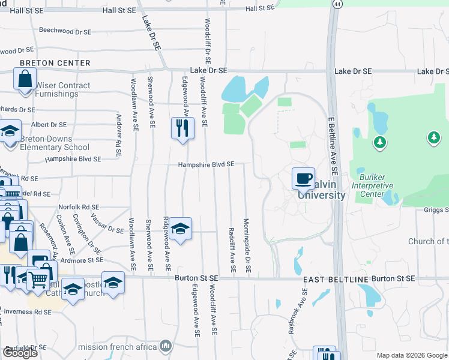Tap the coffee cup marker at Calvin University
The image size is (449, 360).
tap(303, 178)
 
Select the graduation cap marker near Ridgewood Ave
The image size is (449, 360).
tap(179, 229)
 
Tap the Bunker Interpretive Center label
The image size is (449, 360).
tap(384, 181)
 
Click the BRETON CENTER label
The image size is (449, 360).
tap(55, 63)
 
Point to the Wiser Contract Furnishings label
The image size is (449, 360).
tap(63, 90)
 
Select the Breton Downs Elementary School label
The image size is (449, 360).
tap(55, 143)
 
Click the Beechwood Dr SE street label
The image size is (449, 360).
tap(65, 31)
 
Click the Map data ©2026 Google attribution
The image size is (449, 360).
tap(411, 355)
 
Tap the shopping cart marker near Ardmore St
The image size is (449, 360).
tap(38, 278)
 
